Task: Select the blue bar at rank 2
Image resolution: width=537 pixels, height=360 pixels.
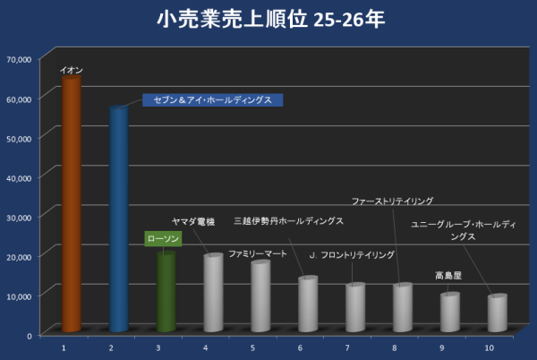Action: (118, 219)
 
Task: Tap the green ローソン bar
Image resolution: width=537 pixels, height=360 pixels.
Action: (166, 294)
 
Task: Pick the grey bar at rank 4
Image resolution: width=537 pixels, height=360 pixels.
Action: (213, 294)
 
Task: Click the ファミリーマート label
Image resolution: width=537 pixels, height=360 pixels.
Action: (258, 253)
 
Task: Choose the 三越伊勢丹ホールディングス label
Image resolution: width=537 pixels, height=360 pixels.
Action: (287, 220)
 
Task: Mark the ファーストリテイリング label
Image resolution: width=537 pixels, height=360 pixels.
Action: (392, 201)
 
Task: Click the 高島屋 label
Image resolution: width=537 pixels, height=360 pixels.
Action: (448, 276)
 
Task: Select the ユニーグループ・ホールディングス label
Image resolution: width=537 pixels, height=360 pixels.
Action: (463, 231)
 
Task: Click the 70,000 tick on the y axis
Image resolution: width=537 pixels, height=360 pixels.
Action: (19, 59)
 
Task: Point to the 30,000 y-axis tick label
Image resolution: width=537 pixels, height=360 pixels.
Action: (19, 217)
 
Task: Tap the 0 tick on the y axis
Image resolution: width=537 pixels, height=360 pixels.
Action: (30, 335)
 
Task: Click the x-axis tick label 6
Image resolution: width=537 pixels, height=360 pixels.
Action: (300, 347)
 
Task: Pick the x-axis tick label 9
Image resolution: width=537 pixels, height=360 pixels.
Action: (441, 347)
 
